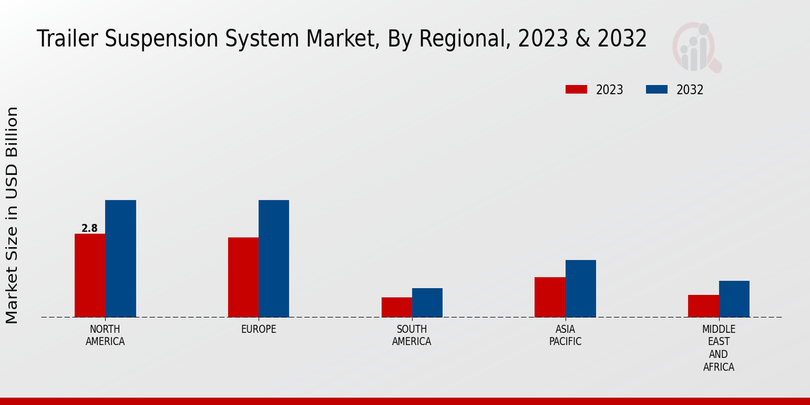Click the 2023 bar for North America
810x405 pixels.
pos(90,275)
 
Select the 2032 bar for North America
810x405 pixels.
pos(120,259)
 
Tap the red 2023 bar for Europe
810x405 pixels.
pos(243,277)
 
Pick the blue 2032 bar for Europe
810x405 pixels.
pos(273,259)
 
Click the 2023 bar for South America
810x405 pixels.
pos(396,307)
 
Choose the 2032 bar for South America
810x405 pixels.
pos(427,302)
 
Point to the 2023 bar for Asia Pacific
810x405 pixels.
pos(549,297)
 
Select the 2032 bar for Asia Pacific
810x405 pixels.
pos(580,288)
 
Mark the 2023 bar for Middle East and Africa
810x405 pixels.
pos(703,306)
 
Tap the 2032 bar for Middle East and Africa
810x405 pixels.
pos(734,299)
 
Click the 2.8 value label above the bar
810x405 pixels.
pos(90,228)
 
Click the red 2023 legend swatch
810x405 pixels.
pos(576,90)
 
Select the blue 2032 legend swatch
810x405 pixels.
pos(657,90)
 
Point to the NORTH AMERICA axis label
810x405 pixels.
pos(105,335)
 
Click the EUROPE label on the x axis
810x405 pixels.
pos(259,329)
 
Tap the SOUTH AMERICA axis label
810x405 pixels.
pos(412,335)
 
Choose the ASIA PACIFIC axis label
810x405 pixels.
pos(565,335)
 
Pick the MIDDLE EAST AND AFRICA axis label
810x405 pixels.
pos(718,348)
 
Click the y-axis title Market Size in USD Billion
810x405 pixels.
pos(12,215)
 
